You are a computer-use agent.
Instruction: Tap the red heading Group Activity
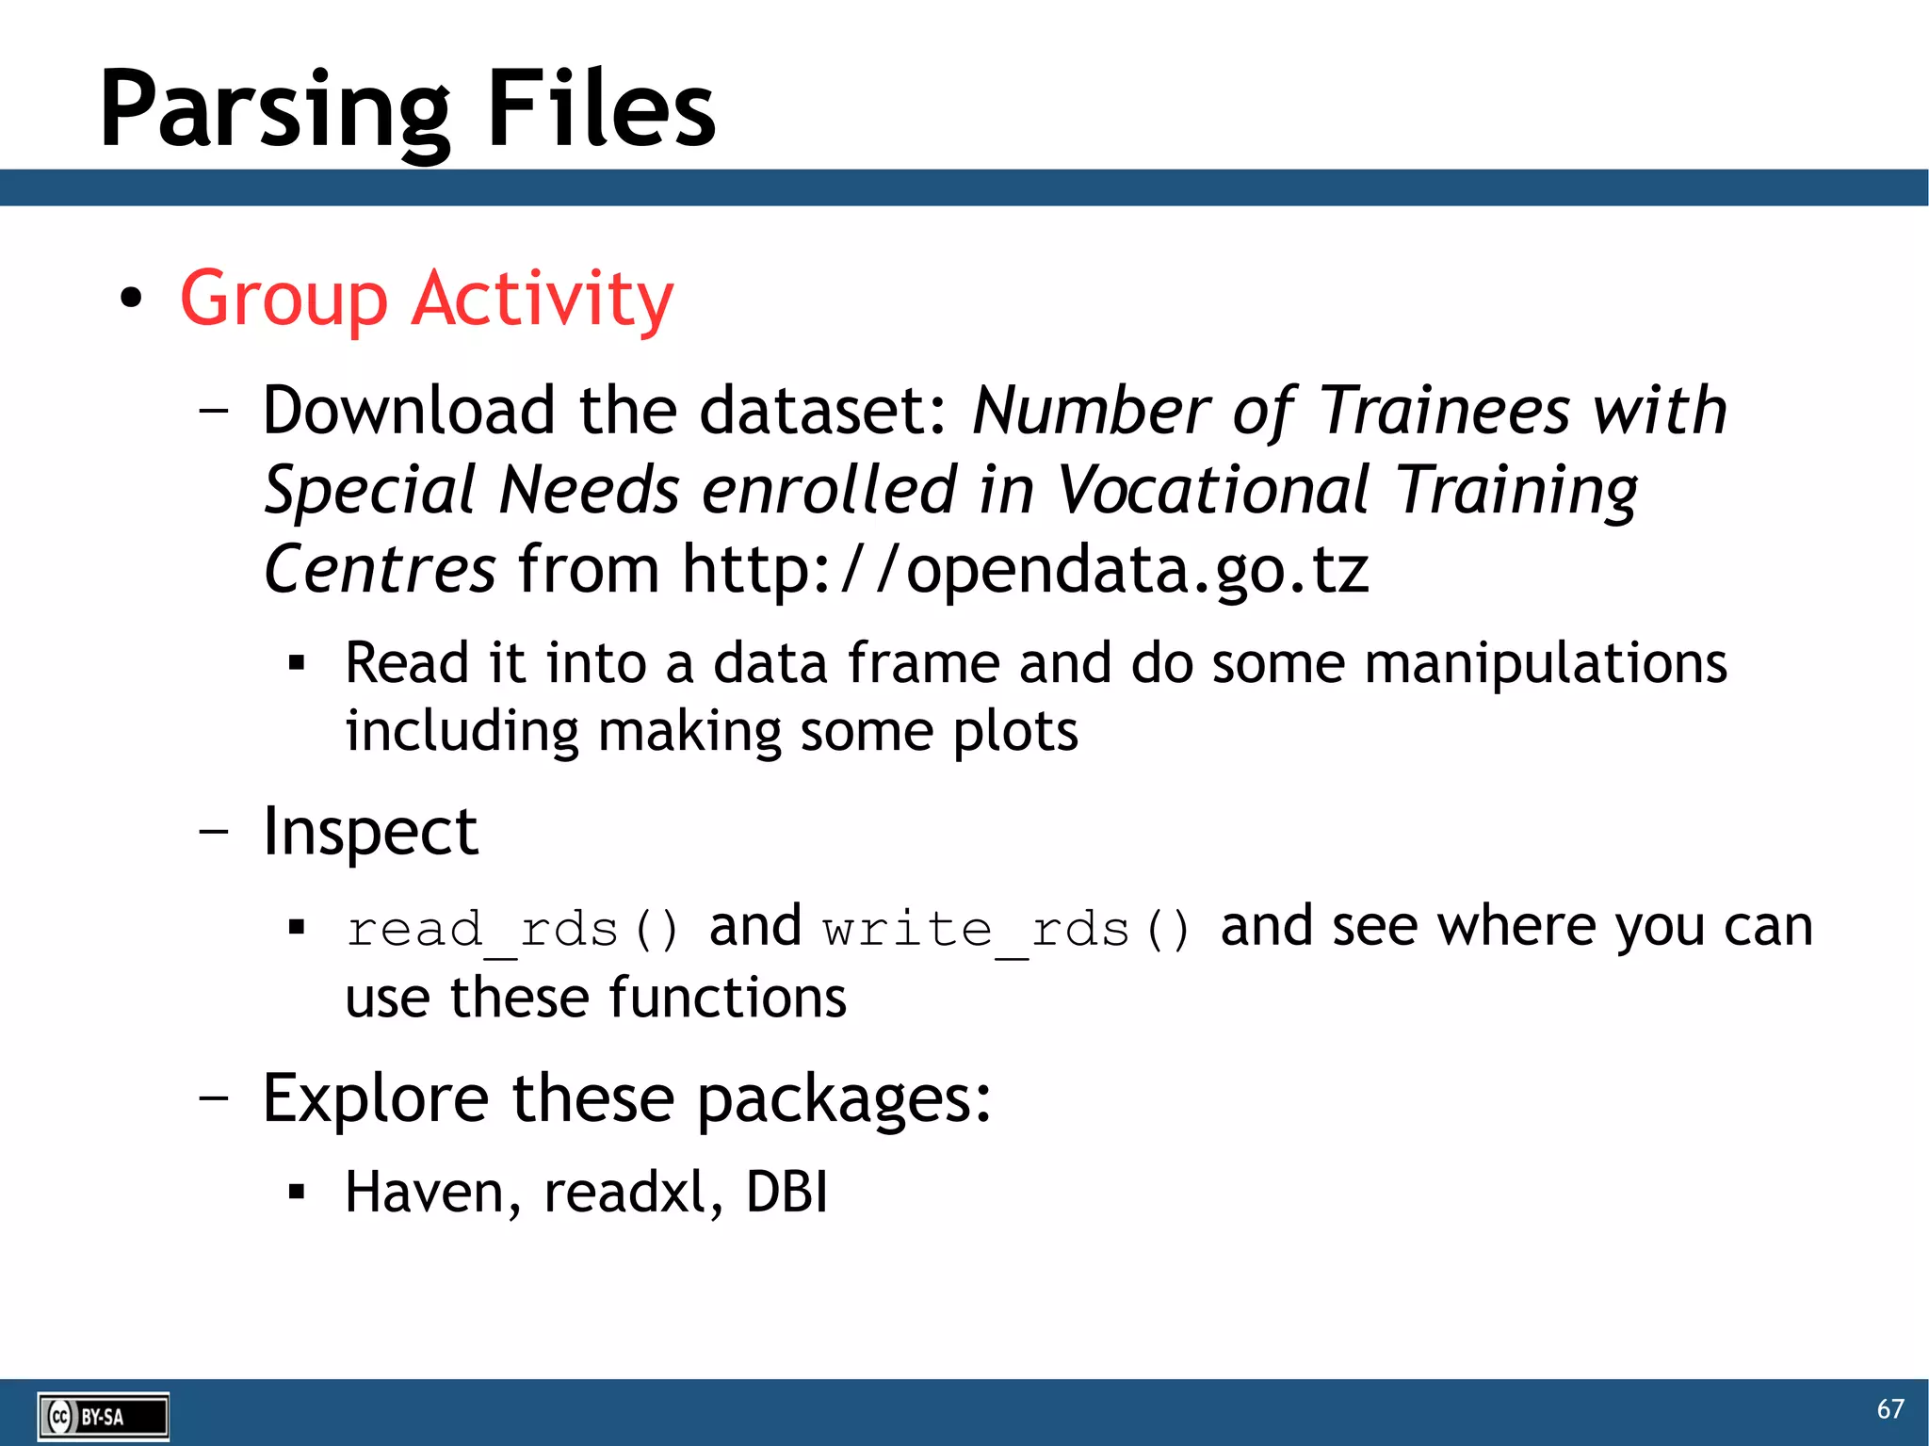click(427, 299)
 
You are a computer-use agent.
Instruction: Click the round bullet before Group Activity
click(131, 299)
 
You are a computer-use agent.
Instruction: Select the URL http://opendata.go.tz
click(1025, 569)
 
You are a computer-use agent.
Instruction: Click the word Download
click(408, 411)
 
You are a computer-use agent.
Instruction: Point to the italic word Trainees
click(1444, 411)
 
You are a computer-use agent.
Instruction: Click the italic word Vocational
click(1212, 490)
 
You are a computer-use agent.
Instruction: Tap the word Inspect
click(370, 832)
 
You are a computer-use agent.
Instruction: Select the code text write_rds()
click(1006, 930)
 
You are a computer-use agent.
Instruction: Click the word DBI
click(786, 1192)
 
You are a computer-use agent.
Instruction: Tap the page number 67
click(1889, 1409)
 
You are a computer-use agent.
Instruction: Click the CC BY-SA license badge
click(104, 1416)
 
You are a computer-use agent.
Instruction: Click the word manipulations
click(1546, 663)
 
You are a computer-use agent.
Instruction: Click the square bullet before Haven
click(297, 1193)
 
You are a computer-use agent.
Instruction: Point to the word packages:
click(844, 1099)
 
